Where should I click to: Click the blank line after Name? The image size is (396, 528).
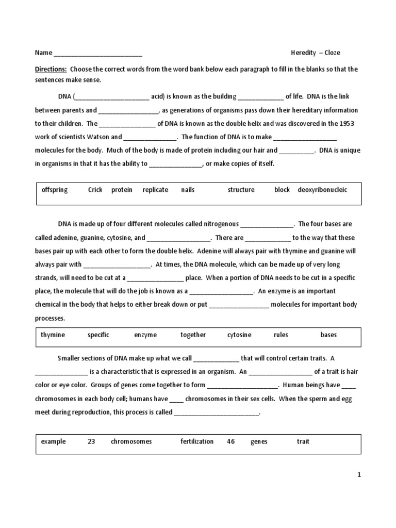(x=98, y=54)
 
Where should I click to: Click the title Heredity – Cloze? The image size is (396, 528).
(x=315, y=53)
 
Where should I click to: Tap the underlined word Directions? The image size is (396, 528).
(x=51, y=69)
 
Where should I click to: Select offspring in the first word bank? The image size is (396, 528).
(x=55, y=190)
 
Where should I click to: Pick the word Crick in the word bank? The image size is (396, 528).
(x=95, y=190)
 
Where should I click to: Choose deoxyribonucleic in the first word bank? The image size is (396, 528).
(x=322, y=190)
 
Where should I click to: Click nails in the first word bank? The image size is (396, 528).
(x=188, y=190)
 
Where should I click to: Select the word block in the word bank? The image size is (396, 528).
(x=282, y=190)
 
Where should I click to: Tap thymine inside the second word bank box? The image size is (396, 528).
(x=53, y=335)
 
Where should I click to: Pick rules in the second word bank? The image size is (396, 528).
(x=281, y=335)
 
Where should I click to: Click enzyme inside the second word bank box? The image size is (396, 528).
(x=145, y=335)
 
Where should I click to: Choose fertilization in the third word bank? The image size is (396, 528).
(x=197, y=442)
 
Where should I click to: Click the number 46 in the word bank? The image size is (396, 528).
(x=231, y=442)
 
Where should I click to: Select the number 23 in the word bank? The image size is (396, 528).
(x=91, y=442)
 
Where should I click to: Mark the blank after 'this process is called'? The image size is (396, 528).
(x=217, y=413)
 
